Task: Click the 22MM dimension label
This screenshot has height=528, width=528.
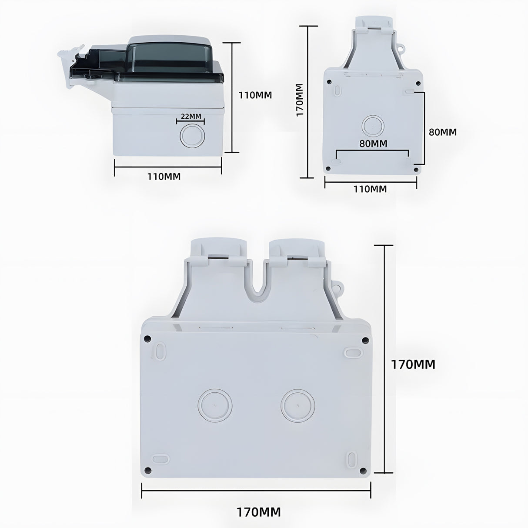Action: click(191, 116)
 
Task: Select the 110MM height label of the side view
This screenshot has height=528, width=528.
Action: click(255, 95)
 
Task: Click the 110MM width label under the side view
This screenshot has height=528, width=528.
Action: click(164, 177)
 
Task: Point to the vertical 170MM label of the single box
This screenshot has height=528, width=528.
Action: click(300, 100)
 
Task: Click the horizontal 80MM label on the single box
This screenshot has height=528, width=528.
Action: click(373, 143)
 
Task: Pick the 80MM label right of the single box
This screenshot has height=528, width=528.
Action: click(443, 132)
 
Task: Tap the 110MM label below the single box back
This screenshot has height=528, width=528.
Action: click(370, 189)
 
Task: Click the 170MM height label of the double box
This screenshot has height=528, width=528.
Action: click(413, 365)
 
